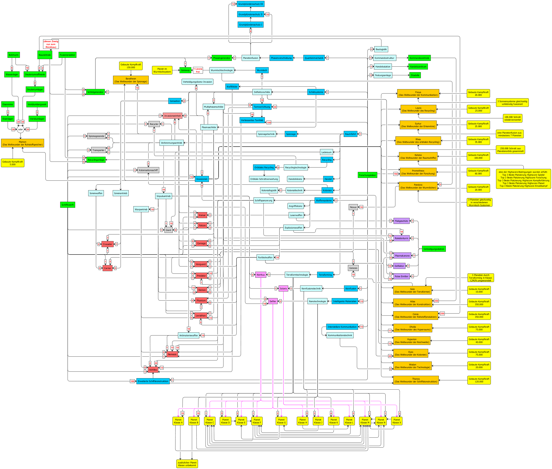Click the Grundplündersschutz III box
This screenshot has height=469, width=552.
click(250, 4)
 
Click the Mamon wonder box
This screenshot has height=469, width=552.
click(23, 143)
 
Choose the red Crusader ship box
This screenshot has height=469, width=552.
click(107, 244)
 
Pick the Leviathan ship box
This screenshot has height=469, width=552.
click(201, 316)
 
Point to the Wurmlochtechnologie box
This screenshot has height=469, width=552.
click(222, 70)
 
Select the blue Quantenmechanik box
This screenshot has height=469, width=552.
click(314, 58)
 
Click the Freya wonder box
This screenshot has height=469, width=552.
click(418, 94)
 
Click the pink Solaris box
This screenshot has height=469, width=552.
click(283, 289)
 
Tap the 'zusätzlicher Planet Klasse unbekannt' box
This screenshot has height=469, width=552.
click(187, 464)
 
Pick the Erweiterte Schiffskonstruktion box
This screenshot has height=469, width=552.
click(153, 381)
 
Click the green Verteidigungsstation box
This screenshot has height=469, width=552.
click(434, 249)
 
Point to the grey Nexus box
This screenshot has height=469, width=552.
click(353, 207)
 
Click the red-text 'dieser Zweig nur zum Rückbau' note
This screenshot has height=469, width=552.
click(51, 44)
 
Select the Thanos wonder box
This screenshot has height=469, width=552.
click(416, 380)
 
